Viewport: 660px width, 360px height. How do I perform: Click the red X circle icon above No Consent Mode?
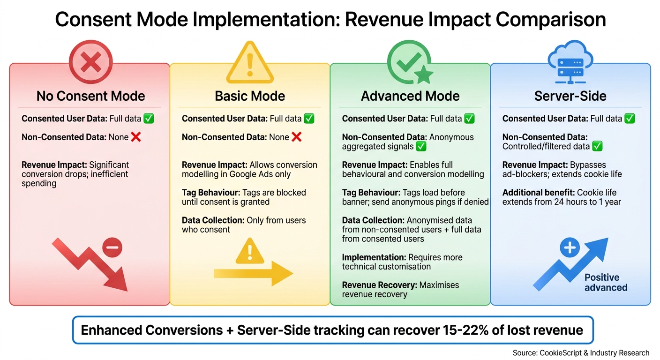[90, 62]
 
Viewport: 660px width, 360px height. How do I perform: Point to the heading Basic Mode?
[250, 96]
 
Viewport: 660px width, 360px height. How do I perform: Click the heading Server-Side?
[570, 96]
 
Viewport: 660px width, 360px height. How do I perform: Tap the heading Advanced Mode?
[410, 96]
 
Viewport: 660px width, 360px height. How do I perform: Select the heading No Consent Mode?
[90, 96]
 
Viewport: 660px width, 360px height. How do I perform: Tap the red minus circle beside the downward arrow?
[112, 247]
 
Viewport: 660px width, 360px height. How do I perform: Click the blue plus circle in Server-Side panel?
[570, 247]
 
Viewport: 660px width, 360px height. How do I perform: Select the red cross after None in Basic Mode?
[296, 137]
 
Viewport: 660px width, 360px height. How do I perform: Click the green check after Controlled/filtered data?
[597, 146]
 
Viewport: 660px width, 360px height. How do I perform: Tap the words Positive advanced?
[605, 282]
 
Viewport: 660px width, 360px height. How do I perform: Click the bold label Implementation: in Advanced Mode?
[374, 257]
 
